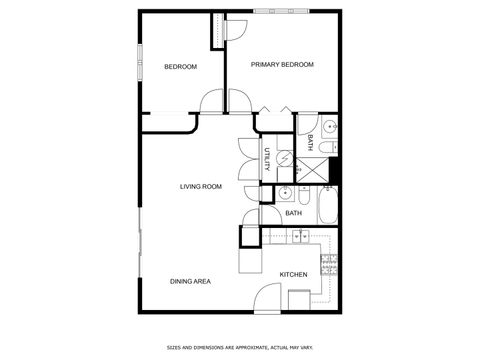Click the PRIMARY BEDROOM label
tap(282, 65)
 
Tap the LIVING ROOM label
tap(200, 187)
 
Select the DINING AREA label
tap(190, 282)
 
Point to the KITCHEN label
tap(293, 275)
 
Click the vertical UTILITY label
tap(267, 161)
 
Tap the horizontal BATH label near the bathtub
tap(294, 213)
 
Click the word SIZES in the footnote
tap(174, 347)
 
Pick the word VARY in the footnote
tap(306, 347)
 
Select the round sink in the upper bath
tap(331, 127)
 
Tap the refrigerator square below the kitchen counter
tap(299, 300)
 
